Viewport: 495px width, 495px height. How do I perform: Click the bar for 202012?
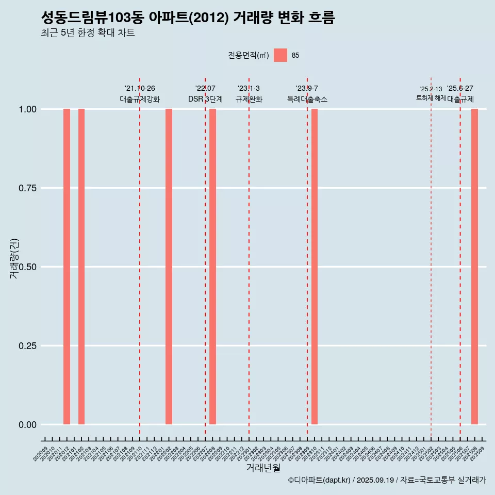(x=67, y=267)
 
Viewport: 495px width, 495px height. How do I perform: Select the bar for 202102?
(x=81, y=267)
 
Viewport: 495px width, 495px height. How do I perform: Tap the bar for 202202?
(x=169, y=267)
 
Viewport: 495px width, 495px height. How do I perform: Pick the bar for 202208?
(x=212, y=267)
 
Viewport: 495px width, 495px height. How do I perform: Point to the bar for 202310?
(x=315, y=267)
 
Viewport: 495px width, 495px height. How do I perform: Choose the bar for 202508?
(x=474, y=267)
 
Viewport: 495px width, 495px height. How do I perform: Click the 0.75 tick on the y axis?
(x=27, y=188)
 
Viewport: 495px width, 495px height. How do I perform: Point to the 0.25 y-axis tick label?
(x=27, y=346)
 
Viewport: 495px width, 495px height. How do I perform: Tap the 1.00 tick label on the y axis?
(x=27, y=109)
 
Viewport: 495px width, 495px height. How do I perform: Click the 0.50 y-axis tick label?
(x=27, y=267)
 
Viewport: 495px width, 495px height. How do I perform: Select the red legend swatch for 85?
(x=280, y=55)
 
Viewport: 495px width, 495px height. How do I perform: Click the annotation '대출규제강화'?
(x=140, y=99)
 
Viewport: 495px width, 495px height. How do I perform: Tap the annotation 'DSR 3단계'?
(x=205, y=99)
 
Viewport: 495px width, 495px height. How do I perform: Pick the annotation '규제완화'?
(x=249, y=99)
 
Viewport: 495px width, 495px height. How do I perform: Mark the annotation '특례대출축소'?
(x=307, y=99)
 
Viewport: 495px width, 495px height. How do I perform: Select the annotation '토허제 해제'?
(x=431, y=98)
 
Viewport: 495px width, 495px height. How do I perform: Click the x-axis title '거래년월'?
(x=263, y=468)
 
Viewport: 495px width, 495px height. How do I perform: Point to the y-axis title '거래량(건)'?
(x=14, y=258)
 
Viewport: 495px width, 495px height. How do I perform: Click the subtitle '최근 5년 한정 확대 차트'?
(x=88, y=33)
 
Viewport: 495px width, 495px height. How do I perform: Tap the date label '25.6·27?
(x=460, y=88)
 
